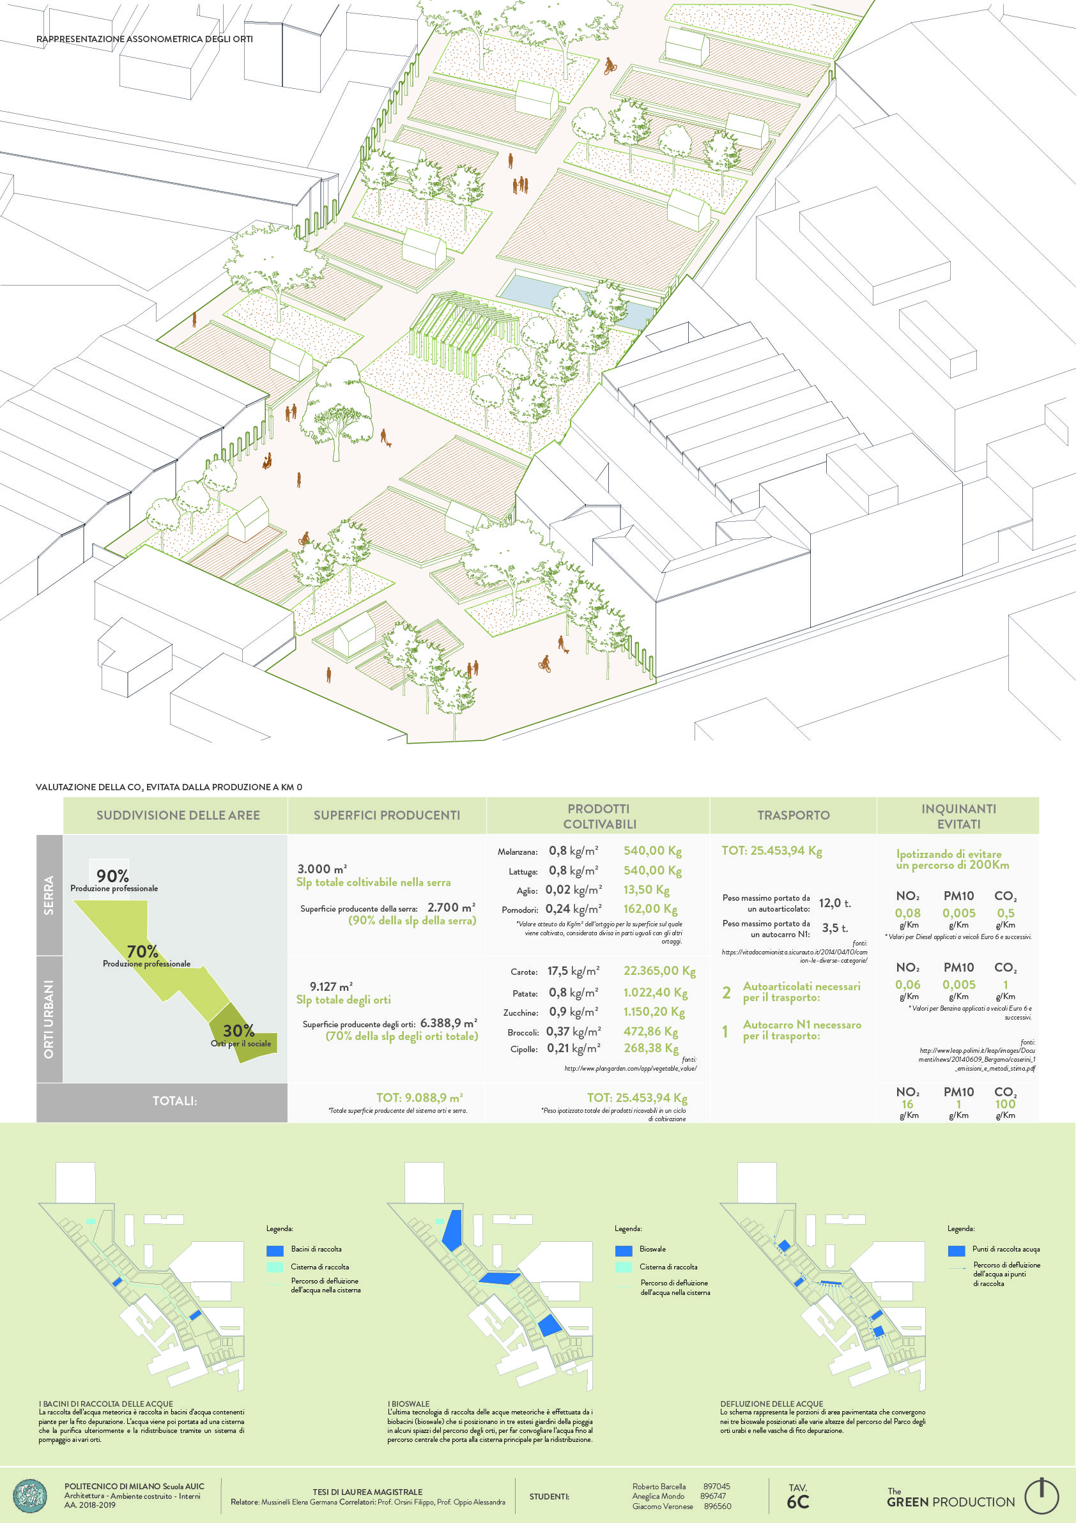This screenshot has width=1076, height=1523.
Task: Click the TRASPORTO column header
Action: (x=793, y=815)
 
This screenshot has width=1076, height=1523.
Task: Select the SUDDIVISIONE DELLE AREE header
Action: (x=178, y=815)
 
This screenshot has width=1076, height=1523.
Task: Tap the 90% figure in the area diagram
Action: (x=112, y=876)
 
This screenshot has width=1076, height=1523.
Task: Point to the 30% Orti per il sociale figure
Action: (x=238, y=1030)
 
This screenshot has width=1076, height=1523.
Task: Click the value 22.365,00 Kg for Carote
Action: (x=659, y=970)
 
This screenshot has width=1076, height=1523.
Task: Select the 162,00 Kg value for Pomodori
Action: (x=650, y=909)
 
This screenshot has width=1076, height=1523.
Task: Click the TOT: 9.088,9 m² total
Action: (x=419, y=1098)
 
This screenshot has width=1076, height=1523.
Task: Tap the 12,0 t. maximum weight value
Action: (x=834, y=903)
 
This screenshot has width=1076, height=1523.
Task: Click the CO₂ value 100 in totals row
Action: (x=1005, y=1104)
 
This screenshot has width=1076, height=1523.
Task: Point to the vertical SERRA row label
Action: (x=49, y=895)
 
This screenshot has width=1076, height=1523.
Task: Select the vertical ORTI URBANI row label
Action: (x=49, y=1019)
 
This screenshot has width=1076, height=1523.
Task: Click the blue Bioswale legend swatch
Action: (x=624, y=1250)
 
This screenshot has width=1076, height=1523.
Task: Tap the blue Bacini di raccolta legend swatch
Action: (x=275, y=1250)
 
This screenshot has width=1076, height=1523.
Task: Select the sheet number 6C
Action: (x=798, y=1502)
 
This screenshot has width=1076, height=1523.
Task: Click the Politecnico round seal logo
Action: (x=31, y=1496)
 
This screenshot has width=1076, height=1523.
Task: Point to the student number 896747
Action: (x=712, y=1496)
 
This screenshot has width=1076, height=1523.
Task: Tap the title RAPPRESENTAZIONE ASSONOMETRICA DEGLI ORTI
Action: (x=144, y=39)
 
